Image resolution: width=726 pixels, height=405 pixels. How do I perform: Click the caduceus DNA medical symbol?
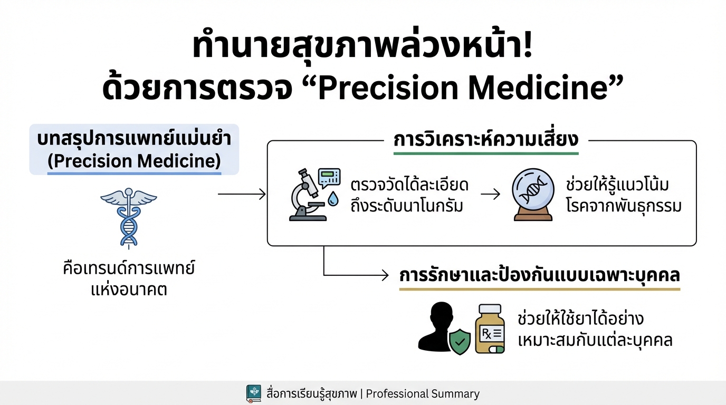pyautogui.click(x=128, y=216)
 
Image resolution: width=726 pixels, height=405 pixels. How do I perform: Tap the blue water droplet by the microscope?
pyautogui.click(x=332, y=199)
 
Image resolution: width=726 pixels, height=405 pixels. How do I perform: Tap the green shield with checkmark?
pyautogui.click(x=459, y=341)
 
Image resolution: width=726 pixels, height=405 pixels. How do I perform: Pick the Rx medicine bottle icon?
pyautogui.click(x=490, y=329)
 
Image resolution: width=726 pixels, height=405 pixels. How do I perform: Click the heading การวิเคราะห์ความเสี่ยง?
pyautogui.click(x=486, y=140)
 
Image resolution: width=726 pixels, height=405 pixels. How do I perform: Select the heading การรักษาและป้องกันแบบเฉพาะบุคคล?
pyautogui.click(x=539, y=276)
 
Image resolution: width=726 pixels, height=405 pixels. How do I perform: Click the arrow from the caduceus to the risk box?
pyautogui.click(x=242, y=195)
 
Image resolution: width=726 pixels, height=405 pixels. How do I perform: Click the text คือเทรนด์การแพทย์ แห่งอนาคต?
pyautogui.click(x=128, y=279)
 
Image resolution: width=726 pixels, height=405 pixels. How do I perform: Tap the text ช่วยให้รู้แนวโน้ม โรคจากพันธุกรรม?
pyautogui.click(x=623, y=195)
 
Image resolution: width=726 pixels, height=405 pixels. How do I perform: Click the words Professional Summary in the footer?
pyautogui.click(x=423, y=394)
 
